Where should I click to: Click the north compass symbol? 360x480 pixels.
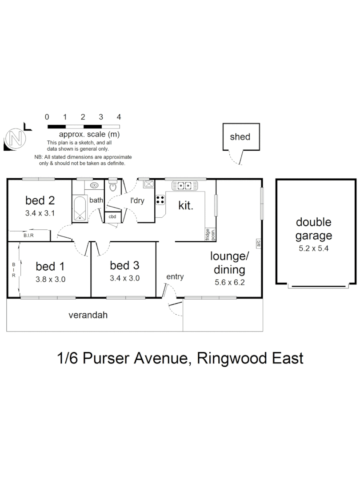tap(15, 139)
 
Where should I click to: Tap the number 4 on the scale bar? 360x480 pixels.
tap(119, 117)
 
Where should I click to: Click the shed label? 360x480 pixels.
tap(240, 137)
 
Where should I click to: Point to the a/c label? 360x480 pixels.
tap(258, 243)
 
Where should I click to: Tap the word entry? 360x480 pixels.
tap(175, 277)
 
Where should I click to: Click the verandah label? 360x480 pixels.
tap(88, 316)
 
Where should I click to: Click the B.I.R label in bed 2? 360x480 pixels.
tap(28, 235)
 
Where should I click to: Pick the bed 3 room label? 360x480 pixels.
tap(124, 266)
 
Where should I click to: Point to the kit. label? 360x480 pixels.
tap(186, 205)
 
